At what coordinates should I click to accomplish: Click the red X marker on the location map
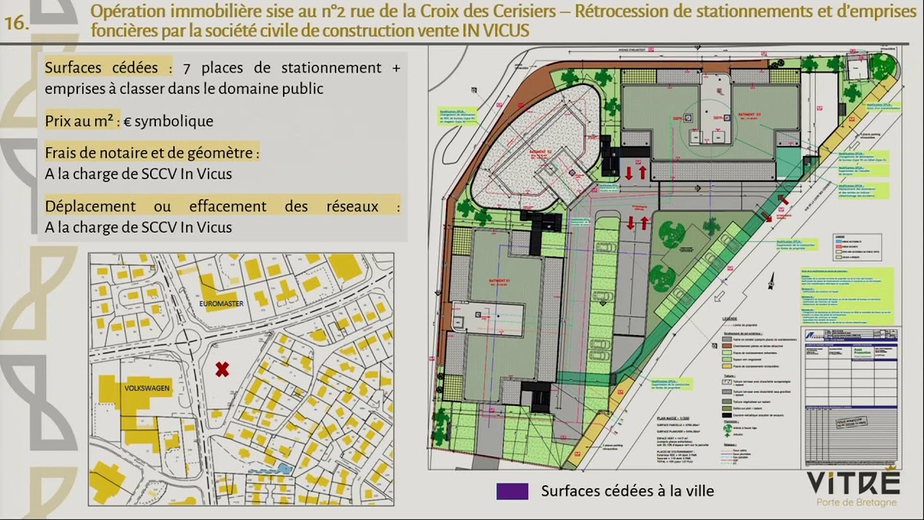[x=222, y=369]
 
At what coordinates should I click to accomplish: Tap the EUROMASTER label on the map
[x=220, y=304]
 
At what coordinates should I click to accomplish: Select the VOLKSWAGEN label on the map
[x=147, y=389]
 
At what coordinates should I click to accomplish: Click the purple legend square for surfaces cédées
[x=512, y=491]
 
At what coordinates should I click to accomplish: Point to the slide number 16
[x=16, y=23]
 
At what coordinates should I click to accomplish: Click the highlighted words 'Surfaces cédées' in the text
[x=101, y=68]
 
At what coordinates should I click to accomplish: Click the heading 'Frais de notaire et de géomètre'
[x=152, y=153]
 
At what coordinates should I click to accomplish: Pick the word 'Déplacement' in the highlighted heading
[x=90, y=206]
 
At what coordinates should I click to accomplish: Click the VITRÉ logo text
[x=853, y=482]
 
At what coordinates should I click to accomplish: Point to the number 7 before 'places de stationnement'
[x=187, y=68]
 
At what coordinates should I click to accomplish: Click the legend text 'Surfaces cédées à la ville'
[x=627, y=491]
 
